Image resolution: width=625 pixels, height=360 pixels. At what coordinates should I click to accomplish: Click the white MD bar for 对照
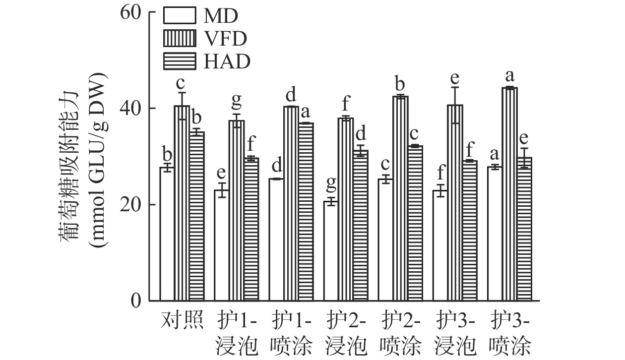click(x=167, y=234)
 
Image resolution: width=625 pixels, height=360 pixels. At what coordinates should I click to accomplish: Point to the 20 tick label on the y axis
click(x=131, y=204)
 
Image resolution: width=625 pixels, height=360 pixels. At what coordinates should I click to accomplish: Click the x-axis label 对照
click(x=182, y=320)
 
